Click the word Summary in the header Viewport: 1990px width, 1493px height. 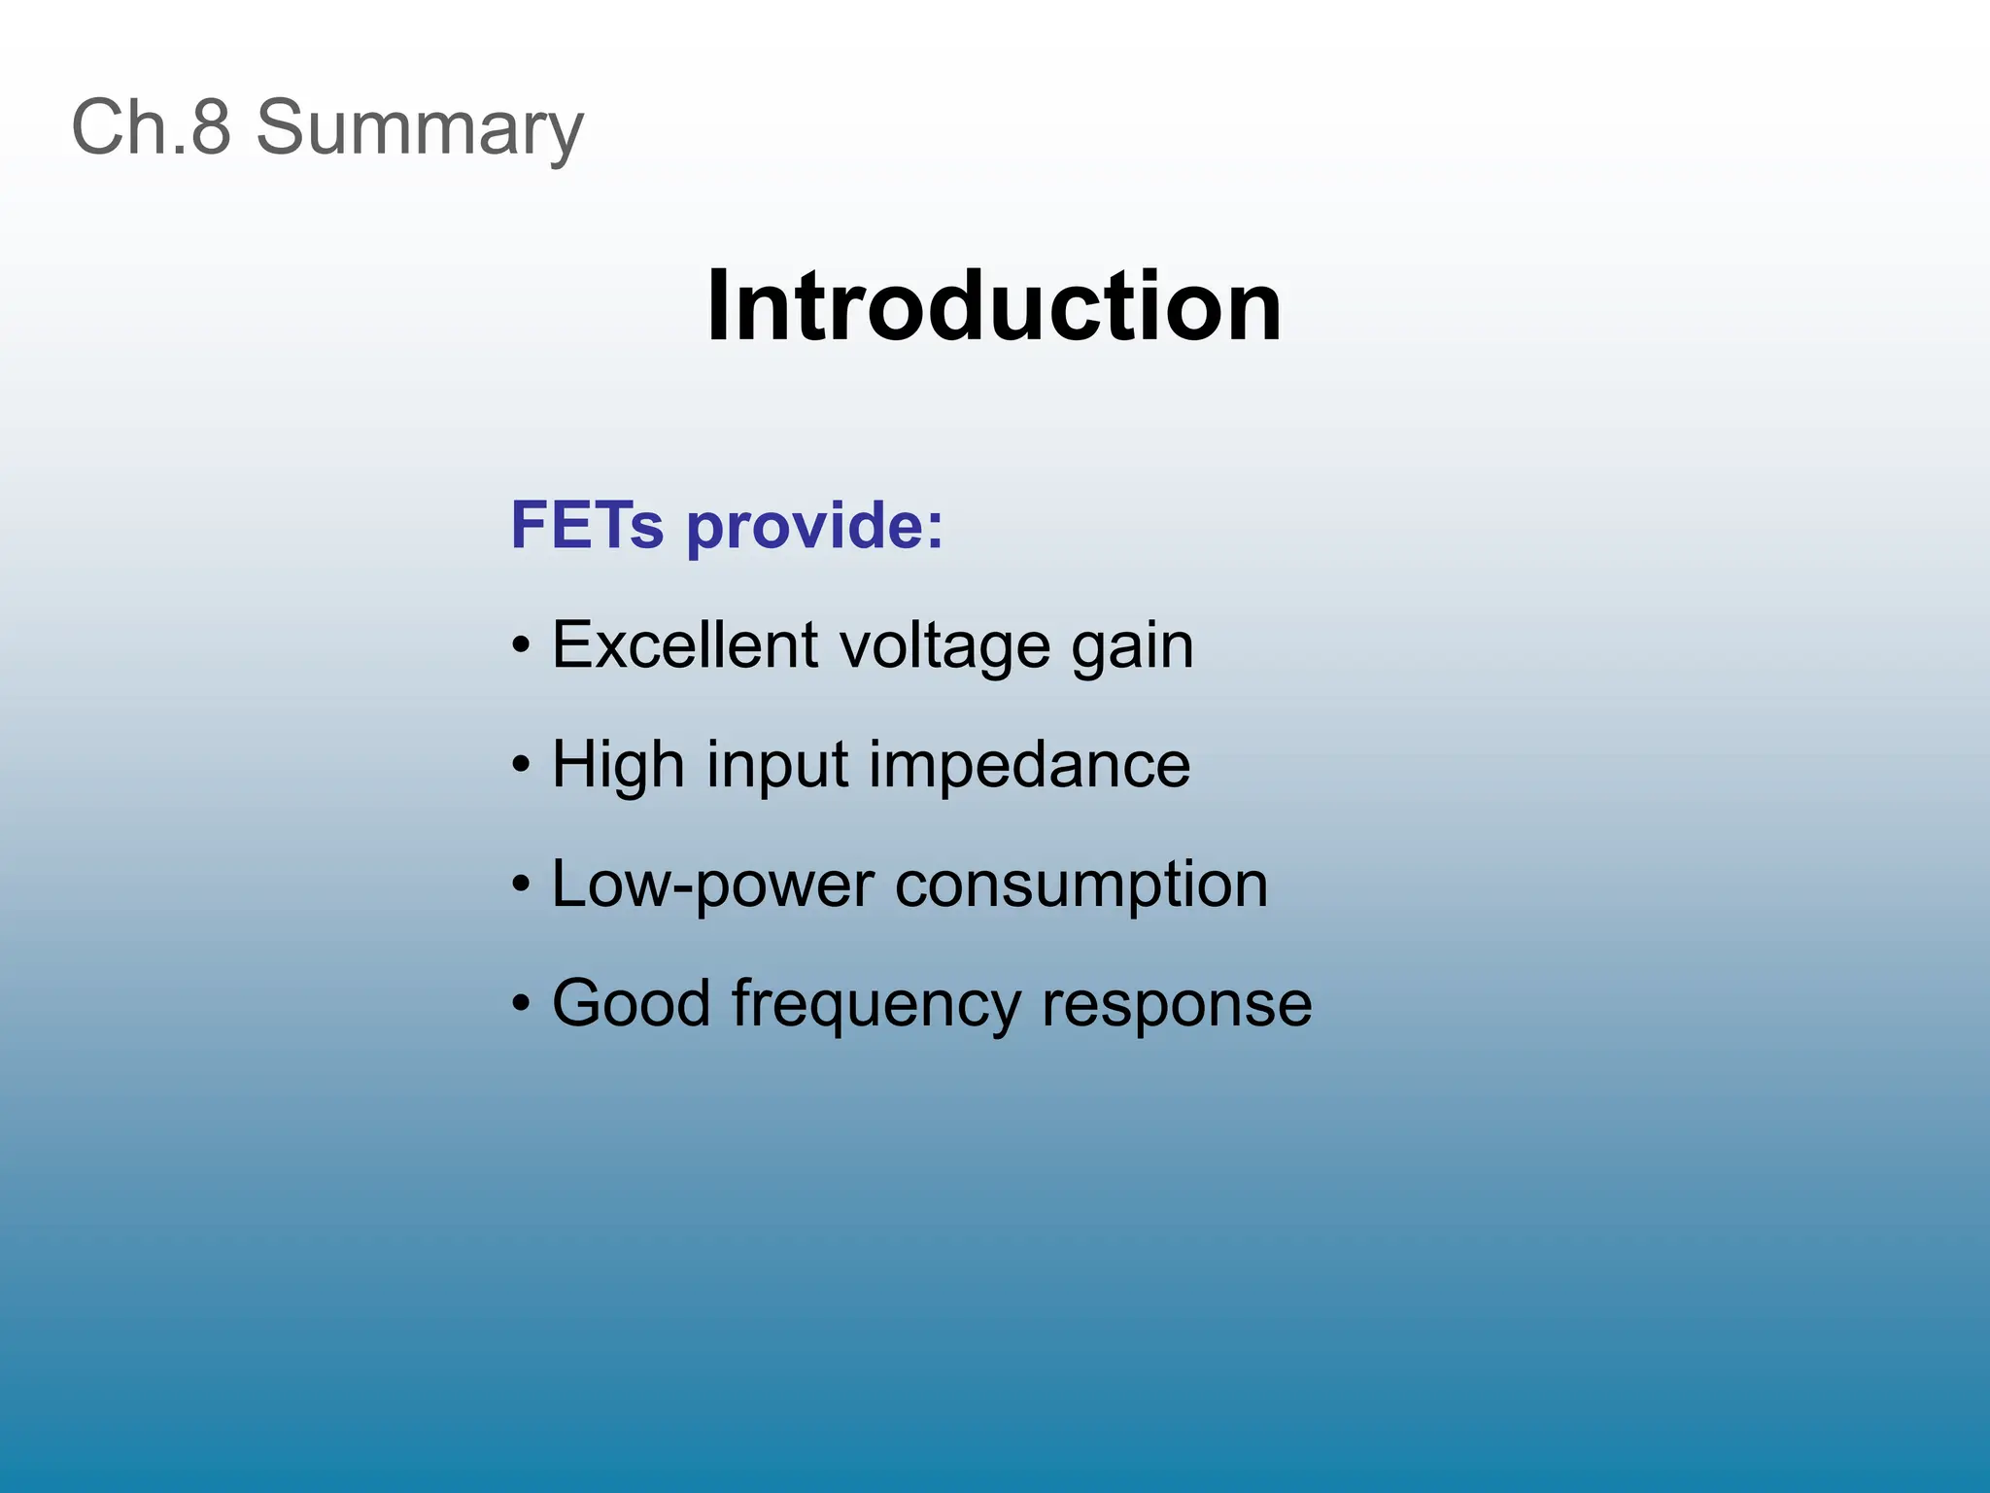coord(420,128)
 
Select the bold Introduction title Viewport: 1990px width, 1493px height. coord(993,307)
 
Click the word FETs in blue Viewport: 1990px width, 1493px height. coord(587,525)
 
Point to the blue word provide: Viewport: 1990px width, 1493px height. coord(814,527)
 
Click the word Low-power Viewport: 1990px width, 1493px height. coord(712,885)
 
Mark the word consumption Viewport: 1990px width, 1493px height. coord(1081,885)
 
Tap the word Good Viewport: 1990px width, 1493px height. coord(632,1003)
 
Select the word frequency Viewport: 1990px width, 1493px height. coord(875,1005)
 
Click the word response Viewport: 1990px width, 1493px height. coord(1177,1005)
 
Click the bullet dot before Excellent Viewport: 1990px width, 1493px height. coord(522,645)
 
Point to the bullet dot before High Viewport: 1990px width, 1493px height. coord(522,765)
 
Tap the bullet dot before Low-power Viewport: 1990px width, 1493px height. coord(522,885)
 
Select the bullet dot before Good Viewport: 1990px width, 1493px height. coord(522,1004)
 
